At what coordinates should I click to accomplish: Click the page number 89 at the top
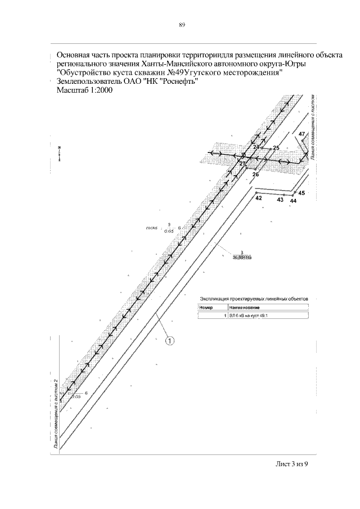(182, 25)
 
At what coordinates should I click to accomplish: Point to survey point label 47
(302, 134)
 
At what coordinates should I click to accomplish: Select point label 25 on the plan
(276, 147)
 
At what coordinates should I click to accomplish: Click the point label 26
(255, 175)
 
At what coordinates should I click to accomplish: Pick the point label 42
(259, 198)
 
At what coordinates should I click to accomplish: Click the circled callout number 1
(169, 340)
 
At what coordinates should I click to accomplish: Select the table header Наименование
(244, 308)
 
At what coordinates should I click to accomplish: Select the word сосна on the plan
(152, 228)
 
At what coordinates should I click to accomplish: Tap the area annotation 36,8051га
(241, 257)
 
